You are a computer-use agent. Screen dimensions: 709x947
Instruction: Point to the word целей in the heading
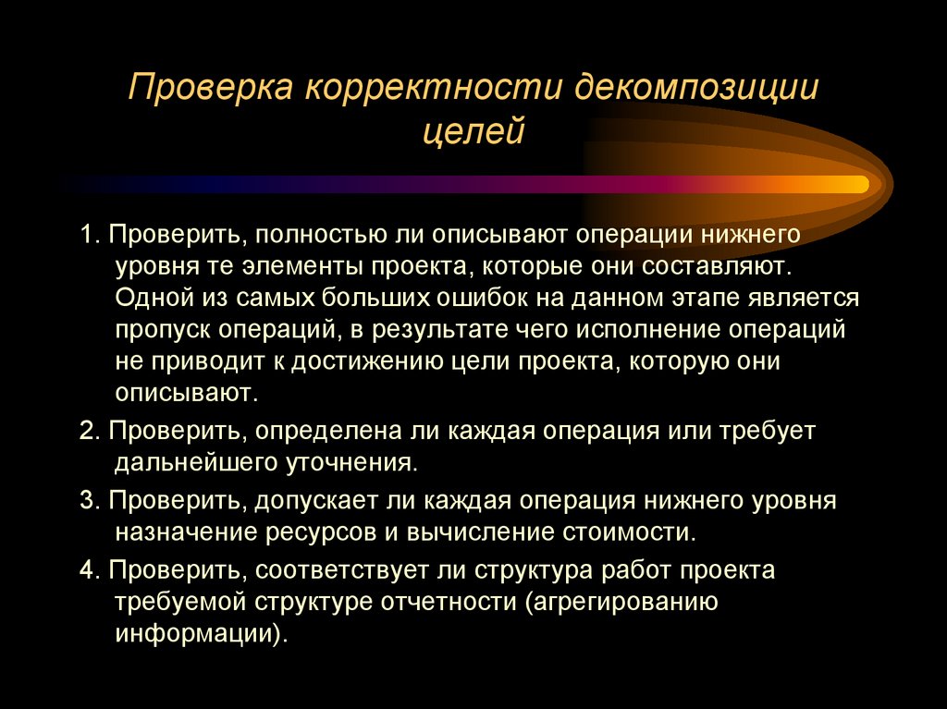pos(473,131)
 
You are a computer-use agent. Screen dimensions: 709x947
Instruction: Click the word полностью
pos(314,234)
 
